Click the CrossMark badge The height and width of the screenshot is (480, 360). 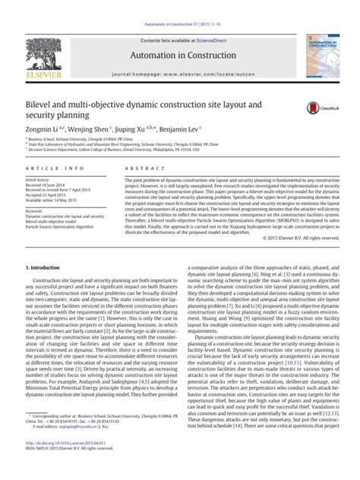click(314, 109)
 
